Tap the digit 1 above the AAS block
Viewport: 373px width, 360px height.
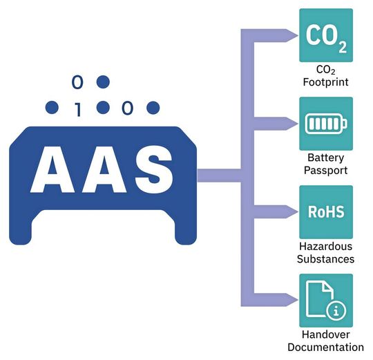pyautogui.click(x=77, y=108)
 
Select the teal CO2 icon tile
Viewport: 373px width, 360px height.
pyautogui.click(x=326, y=35)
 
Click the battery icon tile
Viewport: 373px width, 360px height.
pyautogui.click(x=326, y=124)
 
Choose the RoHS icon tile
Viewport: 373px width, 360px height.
pyautogui.click(x=326, y=212)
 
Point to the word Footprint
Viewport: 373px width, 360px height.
pyautogui.click(x=326, y=82)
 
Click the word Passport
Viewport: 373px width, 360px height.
pyautogui.click(x=326, y=171)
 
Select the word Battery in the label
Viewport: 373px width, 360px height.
pyautogui.click(x=326, y=158)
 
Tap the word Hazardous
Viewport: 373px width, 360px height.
pyautogui.click(x=326, y=246)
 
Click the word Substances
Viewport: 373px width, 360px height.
pyautogui.click(x=326, y=259)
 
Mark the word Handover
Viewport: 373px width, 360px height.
pyautogui.click(x=326, y=334)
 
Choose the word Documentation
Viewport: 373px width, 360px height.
pyautogui.click(x=326, y=348)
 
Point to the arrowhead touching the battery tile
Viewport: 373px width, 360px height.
pyautogui.click(x=287, y=124)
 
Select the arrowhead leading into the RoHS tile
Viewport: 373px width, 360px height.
pyautogui.click(x=287, y=213)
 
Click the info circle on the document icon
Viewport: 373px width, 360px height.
pyautogui.click(x=336, y=310)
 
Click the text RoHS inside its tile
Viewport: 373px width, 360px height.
pyautogui.click(x=326, y=212)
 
